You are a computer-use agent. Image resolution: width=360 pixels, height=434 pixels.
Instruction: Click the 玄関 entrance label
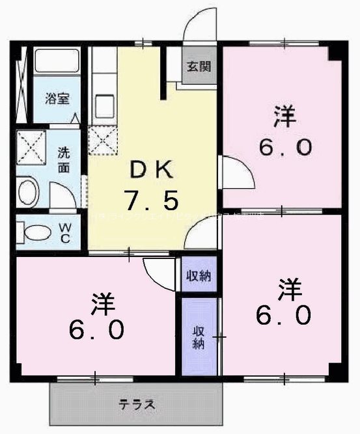(199, 66)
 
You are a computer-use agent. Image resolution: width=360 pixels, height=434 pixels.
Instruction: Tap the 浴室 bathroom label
(57, 99)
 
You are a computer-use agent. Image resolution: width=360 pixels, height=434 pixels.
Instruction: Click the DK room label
(152, 170)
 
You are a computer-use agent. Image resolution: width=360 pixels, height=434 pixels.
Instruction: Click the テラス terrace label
(137, 405)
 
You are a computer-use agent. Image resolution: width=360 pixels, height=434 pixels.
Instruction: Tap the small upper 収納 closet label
(199, 275)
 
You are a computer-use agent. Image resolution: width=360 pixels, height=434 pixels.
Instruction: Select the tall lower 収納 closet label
(199, 336)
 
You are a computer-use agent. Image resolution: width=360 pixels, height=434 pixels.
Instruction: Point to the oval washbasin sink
(28, 193)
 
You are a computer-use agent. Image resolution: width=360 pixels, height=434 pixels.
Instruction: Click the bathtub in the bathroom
(57, 62)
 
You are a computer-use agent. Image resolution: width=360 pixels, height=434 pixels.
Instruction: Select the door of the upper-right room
(234, 172)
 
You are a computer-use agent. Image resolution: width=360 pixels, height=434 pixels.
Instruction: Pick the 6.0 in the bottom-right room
(284, 316)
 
